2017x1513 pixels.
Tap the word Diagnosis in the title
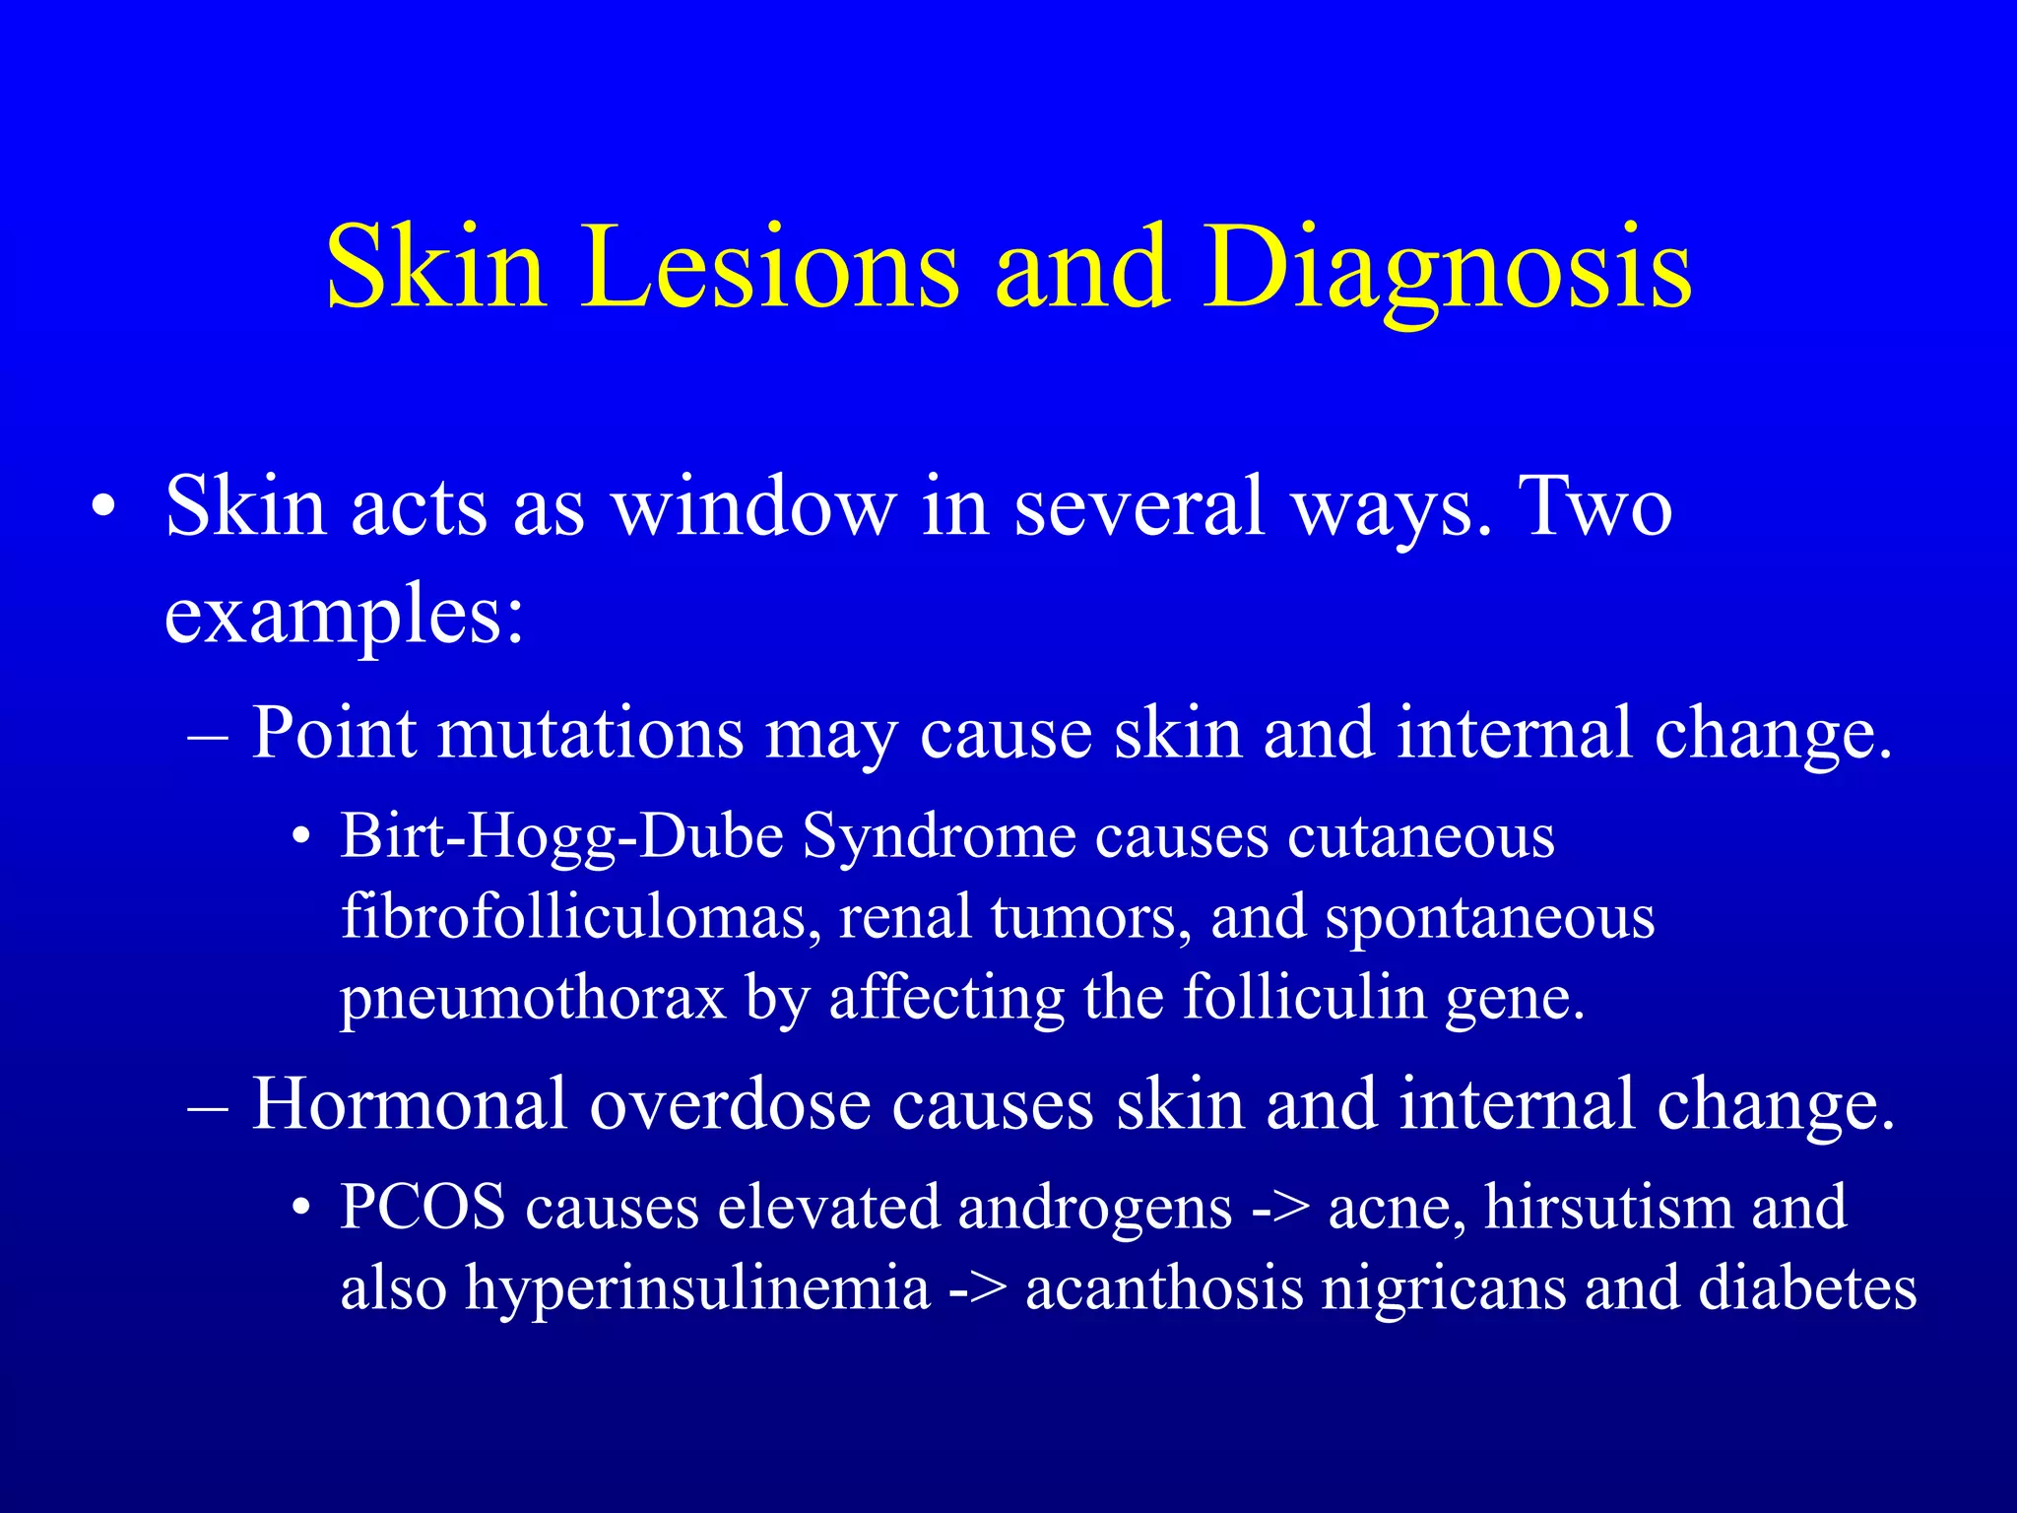point(1447,268)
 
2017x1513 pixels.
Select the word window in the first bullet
point(753,506)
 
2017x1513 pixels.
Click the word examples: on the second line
point(344,615)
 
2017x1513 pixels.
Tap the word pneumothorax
point(533,998)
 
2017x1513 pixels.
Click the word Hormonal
point(409,1104)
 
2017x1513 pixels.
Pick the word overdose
point(730,1104)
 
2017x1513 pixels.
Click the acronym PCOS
point(422,1208)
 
